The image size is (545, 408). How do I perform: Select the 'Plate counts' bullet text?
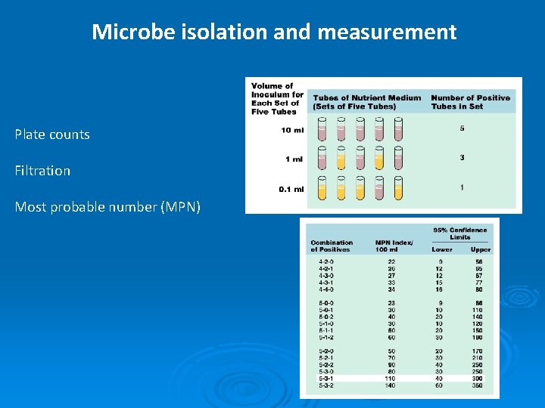(x=52, y=134)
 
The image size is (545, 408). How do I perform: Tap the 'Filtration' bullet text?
(x=42, y=171)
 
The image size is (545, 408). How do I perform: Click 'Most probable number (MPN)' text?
(x=107, y=206)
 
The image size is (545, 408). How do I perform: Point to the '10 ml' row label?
(x=292, y=130)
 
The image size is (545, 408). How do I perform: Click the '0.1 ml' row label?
(x=291, y=189)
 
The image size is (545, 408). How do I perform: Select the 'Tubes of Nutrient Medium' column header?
(x=367, y=101)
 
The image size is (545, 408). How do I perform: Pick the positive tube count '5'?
(x=462, y=128)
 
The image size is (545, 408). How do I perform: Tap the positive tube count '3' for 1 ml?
(x=462, y=157)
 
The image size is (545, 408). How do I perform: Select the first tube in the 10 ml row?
(x=321, y=131)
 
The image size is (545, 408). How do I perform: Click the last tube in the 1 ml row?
(x=399, y=158)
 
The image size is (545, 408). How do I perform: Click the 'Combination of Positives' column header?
(x=332, y=246)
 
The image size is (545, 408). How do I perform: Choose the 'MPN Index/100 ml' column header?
(x=394, y=246)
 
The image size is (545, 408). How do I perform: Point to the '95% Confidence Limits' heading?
(x=460, y=233)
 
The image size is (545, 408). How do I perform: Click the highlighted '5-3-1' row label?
(x=326, y=378)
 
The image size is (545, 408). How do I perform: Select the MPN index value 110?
(x=391, y=378)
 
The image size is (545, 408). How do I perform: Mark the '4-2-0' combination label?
(x=326, y=261)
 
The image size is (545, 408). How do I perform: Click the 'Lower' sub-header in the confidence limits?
(x=443, y=249)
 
